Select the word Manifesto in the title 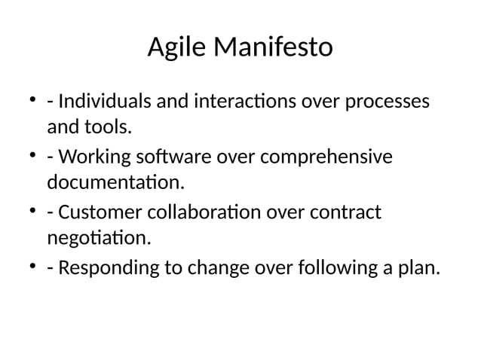pyautogui.click(x=273, y=48)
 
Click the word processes pyautogui.click(x=388, y=102)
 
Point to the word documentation pyautogui.click(x=115, y=183)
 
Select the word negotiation pyautogui.click(x=99, y=240)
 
